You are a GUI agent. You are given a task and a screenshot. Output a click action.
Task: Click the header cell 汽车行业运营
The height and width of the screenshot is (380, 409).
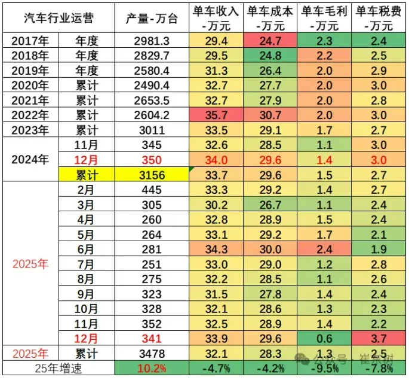(58, 19)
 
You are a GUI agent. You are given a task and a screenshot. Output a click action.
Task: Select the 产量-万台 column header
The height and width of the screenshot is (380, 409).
(152, 19)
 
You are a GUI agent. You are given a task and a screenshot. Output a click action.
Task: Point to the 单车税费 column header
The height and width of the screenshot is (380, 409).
(378, 19)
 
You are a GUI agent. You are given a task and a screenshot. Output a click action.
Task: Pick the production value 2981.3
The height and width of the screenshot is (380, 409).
(152, 41)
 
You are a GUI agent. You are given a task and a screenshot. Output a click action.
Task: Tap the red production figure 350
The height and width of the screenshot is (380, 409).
(152, 160)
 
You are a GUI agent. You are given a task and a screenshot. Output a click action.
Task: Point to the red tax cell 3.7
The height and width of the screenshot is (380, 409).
(378, 338)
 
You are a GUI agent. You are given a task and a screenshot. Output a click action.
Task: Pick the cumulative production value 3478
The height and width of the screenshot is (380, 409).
(152, 353)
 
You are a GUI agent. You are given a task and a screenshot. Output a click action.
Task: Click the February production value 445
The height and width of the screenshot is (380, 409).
(152, 190)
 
